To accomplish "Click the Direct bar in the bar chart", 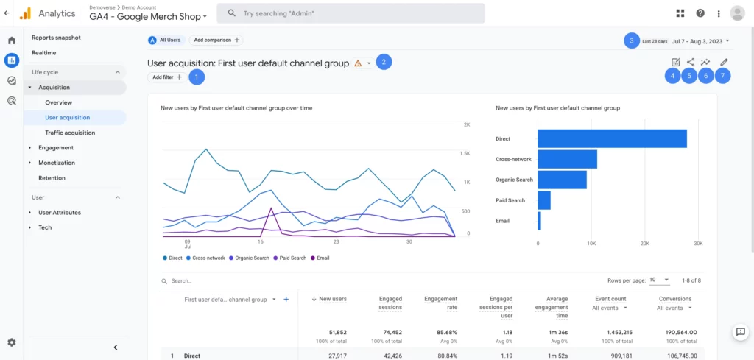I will click(611, 138).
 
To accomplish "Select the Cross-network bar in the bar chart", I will click(567, 159).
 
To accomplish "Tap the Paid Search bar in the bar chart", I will click(544, 200).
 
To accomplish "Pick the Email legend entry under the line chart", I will click(320, 258).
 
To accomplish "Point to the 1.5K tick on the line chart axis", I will click(465, 153).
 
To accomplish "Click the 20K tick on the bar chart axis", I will click(644, 243).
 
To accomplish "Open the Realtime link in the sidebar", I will click(43, 53).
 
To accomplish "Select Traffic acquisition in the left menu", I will click(70, 133).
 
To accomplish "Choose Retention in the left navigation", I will click(52, 178).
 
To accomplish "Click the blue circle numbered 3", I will click(630, 41).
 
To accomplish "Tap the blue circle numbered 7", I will click(724, 76).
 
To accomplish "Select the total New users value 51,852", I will click(332, 333).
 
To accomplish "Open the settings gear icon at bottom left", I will click(11, 342).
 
